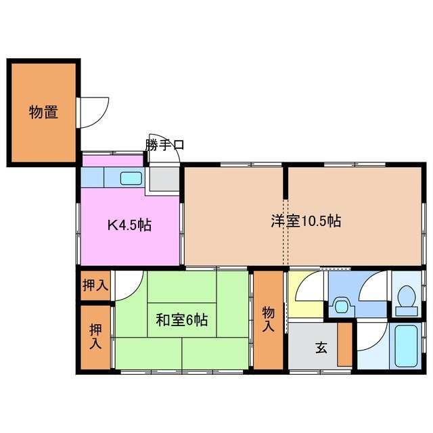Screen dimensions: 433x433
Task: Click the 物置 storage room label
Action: tap(43, 112)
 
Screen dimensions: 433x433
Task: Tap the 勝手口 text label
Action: tap(164, 144)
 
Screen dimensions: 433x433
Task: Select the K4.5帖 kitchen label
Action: tap(129, 225)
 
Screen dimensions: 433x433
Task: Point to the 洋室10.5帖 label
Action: tap(306, 221)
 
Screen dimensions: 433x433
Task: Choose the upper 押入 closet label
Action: tap(95, 285)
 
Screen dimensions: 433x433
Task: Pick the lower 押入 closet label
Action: tap(95, 336)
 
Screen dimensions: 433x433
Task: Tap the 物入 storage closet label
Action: tap(268, 319)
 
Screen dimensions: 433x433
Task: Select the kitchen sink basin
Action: tap(131, 179)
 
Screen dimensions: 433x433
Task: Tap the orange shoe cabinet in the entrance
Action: tap(345, 345)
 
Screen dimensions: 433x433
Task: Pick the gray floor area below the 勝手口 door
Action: tap(164, 179)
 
